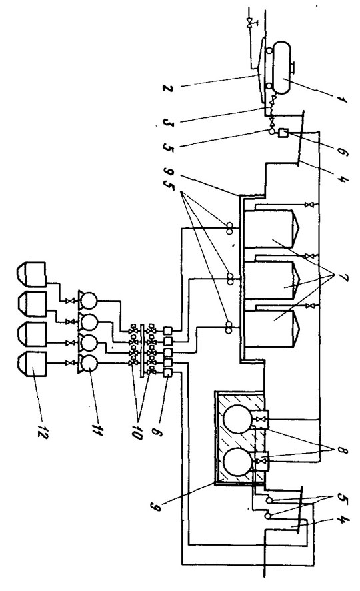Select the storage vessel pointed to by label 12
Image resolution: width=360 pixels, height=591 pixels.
click(x=32, y=365)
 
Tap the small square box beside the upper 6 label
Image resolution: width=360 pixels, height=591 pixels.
click(x=283, y=133)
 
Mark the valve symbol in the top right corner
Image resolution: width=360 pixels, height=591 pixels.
click(x=249, y=24)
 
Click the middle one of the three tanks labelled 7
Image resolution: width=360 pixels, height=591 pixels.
click(x=271, y=281)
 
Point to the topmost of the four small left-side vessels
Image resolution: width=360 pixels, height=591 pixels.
click(x=32, y=274)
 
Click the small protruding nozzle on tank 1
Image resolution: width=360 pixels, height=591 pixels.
click(x=292, y=68)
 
